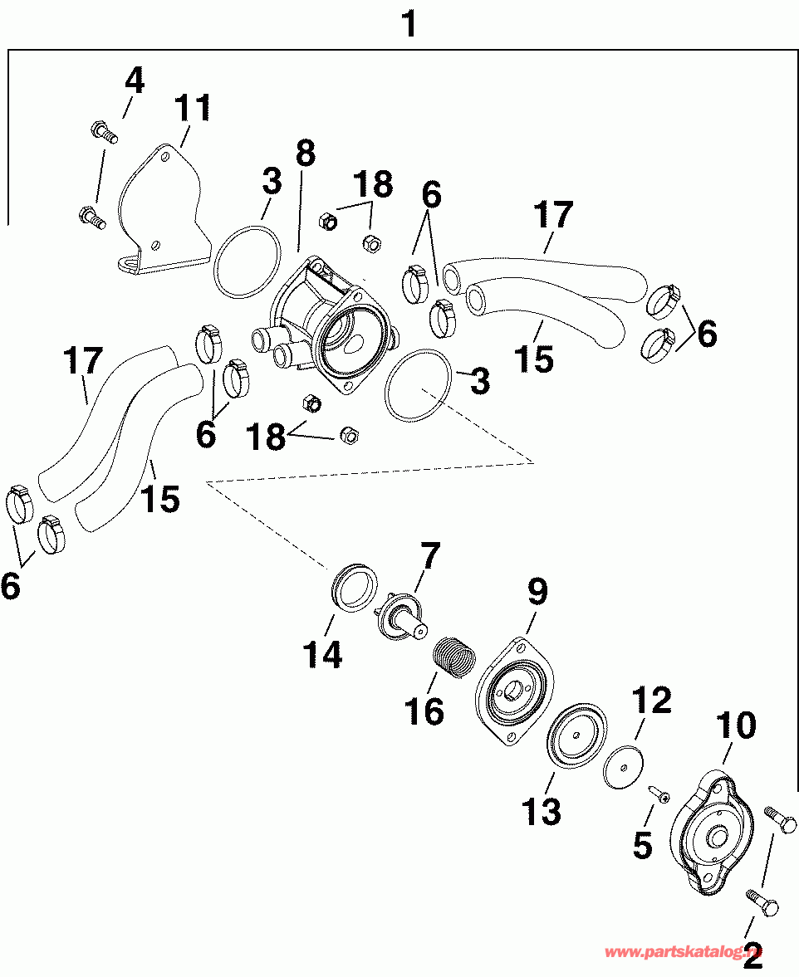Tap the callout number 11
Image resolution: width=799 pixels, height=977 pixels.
click(193, 109)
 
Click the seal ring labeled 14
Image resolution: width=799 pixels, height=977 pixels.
click(355, 585)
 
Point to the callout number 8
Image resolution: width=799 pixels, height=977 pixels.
click(305, 152)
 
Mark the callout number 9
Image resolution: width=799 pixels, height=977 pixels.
click(537, 592)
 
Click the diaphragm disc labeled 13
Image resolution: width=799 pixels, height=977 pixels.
click(576, 735)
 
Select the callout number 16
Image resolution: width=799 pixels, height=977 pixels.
click(424, 710)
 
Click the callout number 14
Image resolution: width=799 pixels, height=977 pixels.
click(322, 655)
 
